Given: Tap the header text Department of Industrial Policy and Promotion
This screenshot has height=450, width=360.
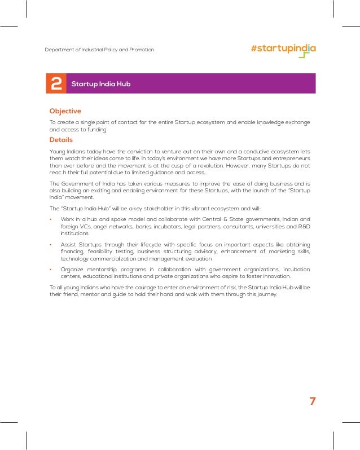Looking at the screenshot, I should click(99, 50).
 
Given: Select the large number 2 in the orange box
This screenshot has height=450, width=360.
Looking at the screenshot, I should click(56, 84).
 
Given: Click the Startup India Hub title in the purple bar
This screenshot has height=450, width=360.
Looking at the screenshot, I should click(101, 84).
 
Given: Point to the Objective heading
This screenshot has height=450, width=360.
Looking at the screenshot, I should click(65, 111).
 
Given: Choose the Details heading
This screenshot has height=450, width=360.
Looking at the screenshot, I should click(61, 140).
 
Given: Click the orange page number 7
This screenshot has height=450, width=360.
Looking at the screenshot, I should click(312, 401).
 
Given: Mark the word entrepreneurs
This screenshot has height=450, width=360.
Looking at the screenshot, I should click(289, 158).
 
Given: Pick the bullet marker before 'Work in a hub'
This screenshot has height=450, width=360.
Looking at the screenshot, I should click(51, 219).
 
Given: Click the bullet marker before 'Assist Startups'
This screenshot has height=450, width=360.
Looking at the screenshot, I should click(51, 244).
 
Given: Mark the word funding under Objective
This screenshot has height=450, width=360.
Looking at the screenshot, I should click(95, 129).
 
